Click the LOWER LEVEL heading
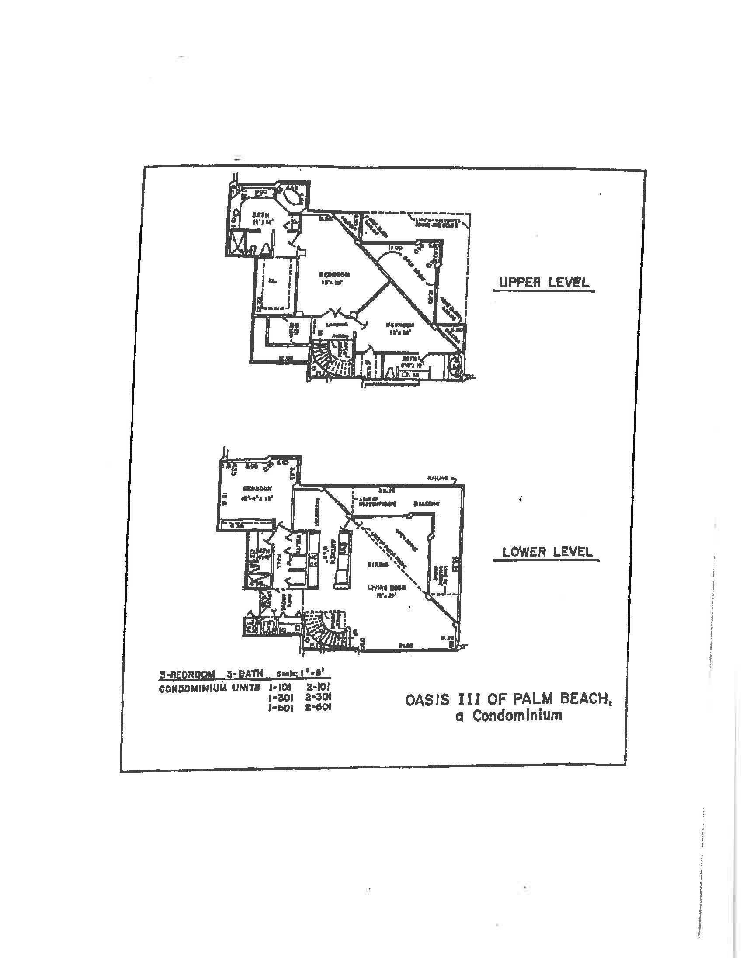point(547,551)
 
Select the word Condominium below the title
point(517,716)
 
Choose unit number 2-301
point(318,697)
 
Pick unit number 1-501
point(277,707)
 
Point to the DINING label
point(378,564)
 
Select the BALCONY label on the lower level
point(426,504)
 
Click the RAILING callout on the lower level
point(438,477)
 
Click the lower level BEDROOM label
point(257,488)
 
